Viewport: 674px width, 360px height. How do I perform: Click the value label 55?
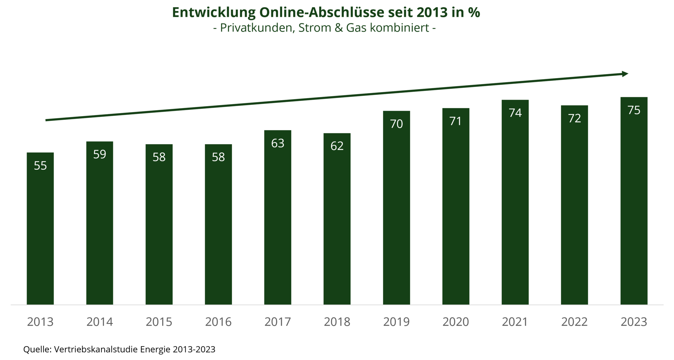coord(40,166)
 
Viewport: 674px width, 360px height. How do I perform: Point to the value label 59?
coord(100,154)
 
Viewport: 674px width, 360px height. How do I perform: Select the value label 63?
coord(278,143)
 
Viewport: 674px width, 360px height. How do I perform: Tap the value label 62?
coord(337,146)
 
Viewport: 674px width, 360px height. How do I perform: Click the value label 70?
coord(396,124)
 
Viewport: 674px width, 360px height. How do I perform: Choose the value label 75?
coord(634,110)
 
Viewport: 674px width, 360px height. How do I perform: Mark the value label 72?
coord(575,118)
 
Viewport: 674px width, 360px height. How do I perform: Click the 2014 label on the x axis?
coord(100,322)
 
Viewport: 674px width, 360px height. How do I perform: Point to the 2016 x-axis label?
coord(218,322)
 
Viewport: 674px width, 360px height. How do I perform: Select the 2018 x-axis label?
coord(337,322)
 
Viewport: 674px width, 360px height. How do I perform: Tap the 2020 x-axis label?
coord(456,322)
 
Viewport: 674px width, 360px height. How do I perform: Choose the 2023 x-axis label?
coord(634,322)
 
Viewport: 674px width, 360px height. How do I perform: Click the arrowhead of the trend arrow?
coord(625,74)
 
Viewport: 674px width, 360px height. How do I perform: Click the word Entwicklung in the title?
coord(214,13)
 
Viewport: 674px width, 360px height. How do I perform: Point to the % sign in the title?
coord(474,13)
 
